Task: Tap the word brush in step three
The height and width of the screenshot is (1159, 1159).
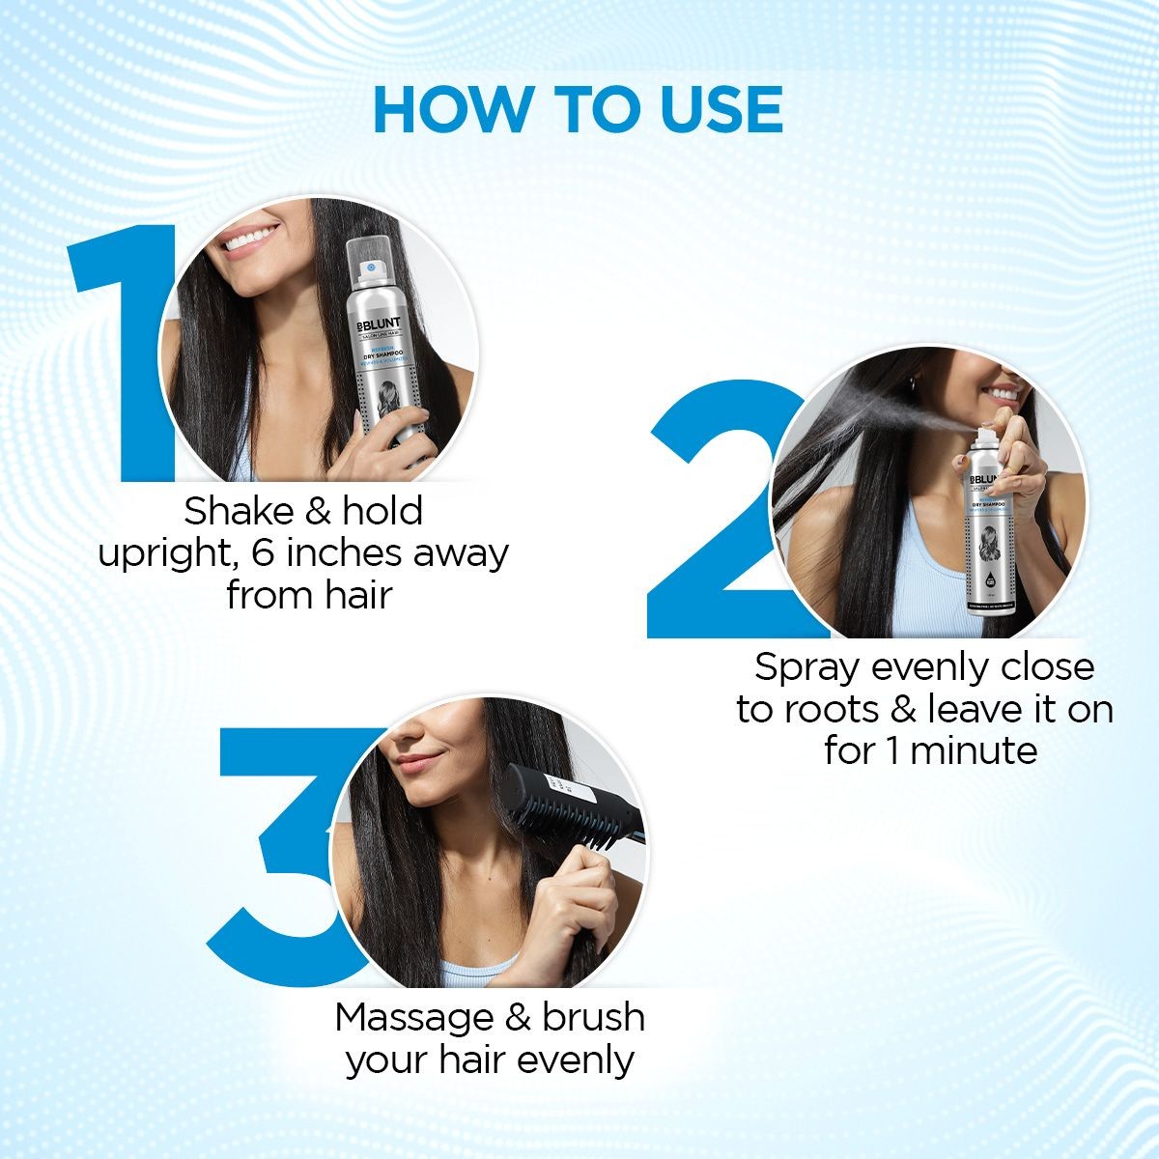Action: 593,1017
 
